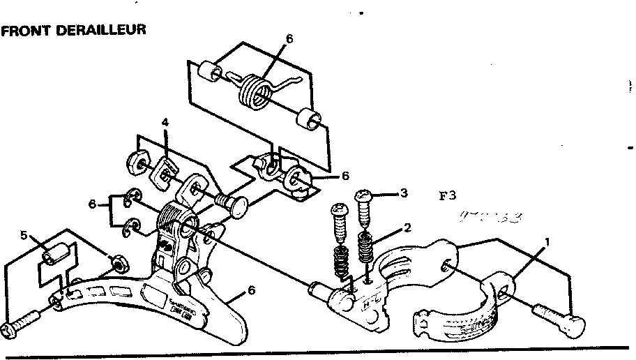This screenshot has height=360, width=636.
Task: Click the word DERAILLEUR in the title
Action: click(x=105, y=31)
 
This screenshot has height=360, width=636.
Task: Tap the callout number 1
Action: click(x=547, y=241)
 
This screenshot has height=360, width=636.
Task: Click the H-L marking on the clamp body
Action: click(x=367, y=305)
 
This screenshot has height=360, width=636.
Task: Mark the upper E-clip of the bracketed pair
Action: click(x=132, y=200)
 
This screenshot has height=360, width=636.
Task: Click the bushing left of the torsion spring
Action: click(x=206, y=72)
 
